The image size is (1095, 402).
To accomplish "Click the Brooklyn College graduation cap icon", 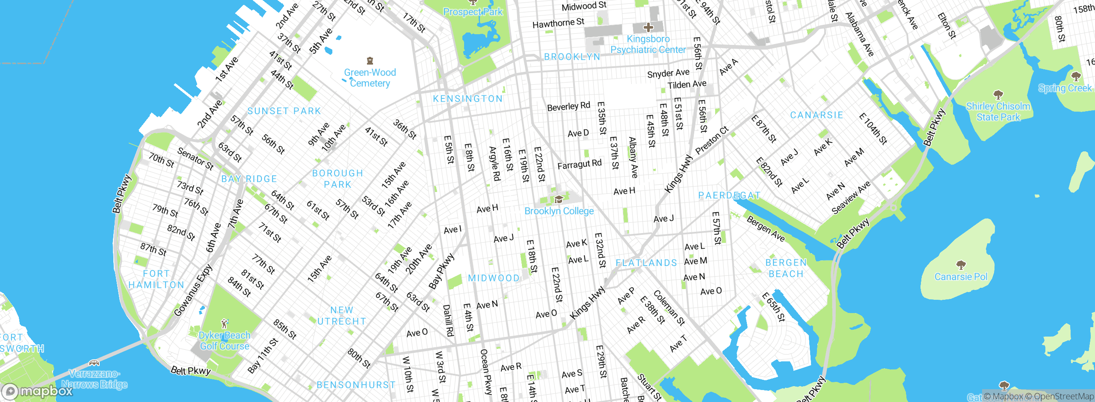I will [x=558, y=199].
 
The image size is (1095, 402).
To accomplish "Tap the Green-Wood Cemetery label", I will [x=370, y=78].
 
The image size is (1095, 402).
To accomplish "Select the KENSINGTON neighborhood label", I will [x=468, y=99].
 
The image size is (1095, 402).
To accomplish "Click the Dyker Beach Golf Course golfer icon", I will [x=225, y=323].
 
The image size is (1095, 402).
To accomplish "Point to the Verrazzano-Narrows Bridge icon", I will [x=94, y=363].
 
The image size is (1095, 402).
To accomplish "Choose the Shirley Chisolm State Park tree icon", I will [x=998, y=95].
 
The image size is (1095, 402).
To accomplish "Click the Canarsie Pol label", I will [x=961, y=277].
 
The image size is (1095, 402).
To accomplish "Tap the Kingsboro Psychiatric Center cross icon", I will [x=648, y=27].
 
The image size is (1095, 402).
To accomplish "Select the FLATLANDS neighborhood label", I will [x=646, y=263].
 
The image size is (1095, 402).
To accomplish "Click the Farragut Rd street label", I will [x=579, y=164].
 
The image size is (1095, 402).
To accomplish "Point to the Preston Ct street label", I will [x=712, y=140].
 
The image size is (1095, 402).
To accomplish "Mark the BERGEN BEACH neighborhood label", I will [x=786, y=268].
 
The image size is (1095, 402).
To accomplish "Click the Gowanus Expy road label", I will [x=193, y=290].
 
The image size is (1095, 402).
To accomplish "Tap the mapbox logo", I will [x=38, y=391].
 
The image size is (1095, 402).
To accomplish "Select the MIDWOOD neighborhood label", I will [x=494, y=278].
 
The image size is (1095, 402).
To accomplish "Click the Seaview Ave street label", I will [x=851, y=197].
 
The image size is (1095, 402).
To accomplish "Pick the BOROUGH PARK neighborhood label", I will [x=337, y=179].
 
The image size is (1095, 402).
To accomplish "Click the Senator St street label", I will [x=195, y=159].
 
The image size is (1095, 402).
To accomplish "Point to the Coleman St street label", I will [x=669, y=307].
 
